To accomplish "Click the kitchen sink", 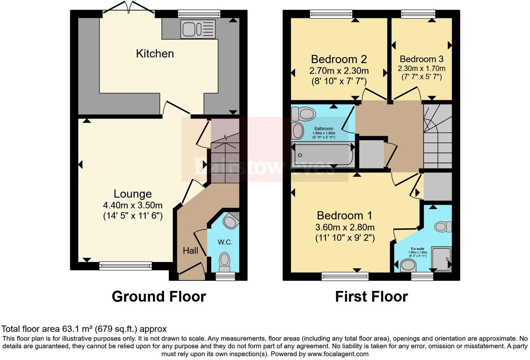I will coord(197,29).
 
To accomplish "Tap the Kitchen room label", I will coord(155,54).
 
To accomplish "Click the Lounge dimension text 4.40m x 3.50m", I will coord(132,205).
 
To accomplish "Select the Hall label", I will coord(190,250).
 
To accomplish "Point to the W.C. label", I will coord(225,242).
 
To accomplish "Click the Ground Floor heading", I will coord(159,297).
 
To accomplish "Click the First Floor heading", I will coord(371,297).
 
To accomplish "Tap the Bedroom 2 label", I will coord(339,59).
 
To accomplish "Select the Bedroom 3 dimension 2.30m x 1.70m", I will coord(422,68).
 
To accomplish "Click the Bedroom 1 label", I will coord(344,215).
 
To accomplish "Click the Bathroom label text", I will coord(324,129).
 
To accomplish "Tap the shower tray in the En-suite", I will coord(441,258).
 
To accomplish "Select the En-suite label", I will coord(417,249).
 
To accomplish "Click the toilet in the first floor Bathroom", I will coord(304,113).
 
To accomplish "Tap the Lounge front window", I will coord(126,266).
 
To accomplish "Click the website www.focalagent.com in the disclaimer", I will coord(338,354).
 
